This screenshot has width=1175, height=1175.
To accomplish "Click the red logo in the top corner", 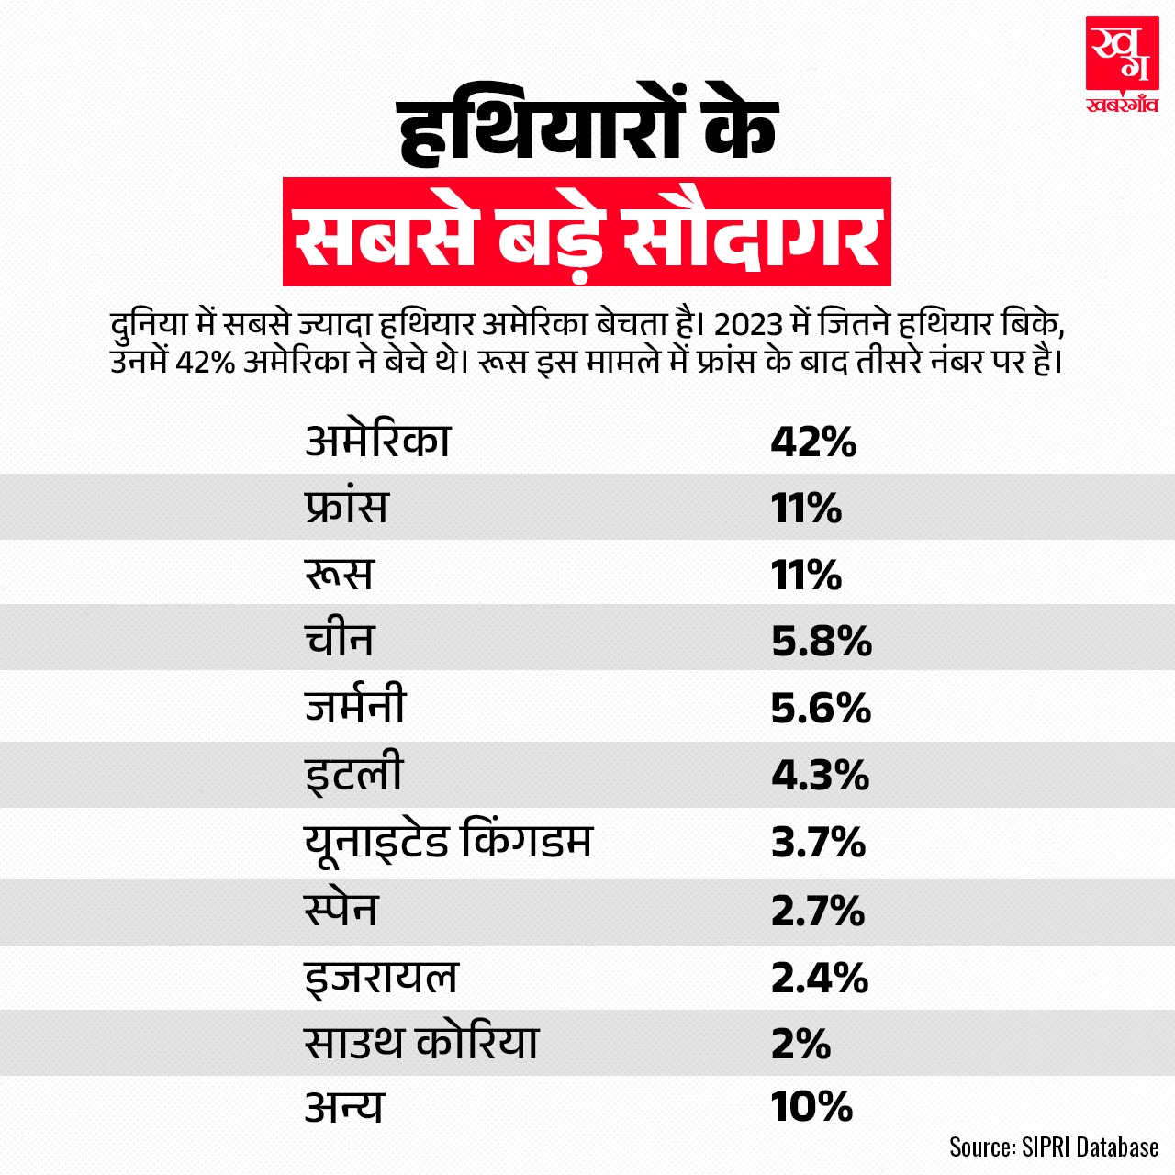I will pos(1121,64).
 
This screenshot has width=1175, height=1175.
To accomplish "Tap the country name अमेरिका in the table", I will pos(377,441).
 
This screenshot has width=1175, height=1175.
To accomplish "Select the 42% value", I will pos(813,442).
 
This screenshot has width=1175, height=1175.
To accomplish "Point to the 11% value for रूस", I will pos(806,575).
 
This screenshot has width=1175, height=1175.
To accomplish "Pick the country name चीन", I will pos(339,640).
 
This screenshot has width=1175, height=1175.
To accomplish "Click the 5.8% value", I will pos(821,641).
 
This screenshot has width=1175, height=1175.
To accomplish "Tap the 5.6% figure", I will pos(821,708).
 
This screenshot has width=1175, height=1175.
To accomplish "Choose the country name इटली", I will pos(353,774).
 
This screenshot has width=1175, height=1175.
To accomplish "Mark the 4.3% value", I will pos(820,775).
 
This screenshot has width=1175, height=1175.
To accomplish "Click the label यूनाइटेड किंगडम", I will pos(448,841).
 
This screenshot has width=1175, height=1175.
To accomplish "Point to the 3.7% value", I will pos(818,842).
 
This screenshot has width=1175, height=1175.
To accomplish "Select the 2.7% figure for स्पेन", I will pos(818,910).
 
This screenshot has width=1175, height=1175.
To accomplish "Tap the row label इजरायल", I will pos(381,976).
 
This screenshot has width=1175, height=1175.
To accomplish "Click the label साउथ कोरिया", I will pos(421,1043).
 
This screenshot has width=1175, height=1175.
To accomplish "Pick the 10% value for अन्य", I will pos(812,1107).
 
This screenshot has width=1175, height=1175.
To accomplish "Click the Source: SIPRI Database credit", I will pos(1054,1147).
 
